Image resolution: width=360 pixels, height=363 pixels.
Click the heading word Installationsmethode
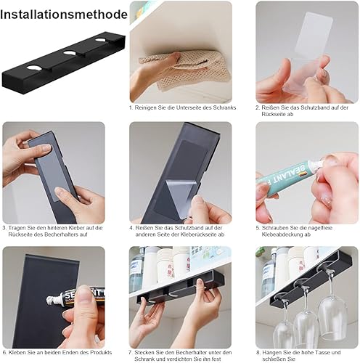[64, 15]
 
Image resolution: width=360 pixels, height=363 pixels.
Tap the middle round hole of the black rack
[70, 52]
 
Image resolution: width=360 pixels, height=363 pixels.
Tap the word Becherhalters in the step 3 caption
[61, 234]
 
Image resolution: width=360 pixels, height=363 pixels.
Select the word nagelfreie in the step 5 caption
[320, 228]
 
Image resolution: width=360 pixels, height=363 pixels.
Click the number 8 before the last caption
[258, 353]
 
